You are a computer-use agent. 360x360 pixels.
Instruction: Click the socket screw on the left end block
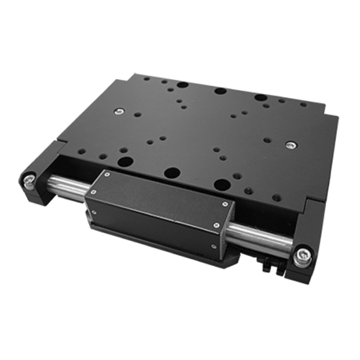coord(29,179)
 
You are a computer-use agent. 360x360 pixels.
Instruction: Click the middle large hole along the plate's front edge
coord(172,173)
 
